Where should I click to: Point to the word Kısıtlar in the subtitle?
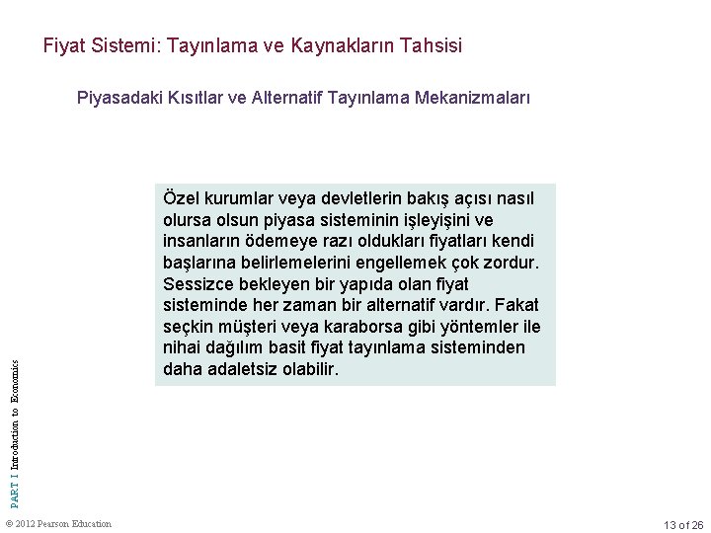pos(188,99)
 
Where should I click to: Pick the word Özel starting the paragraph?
pos(179,198)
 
